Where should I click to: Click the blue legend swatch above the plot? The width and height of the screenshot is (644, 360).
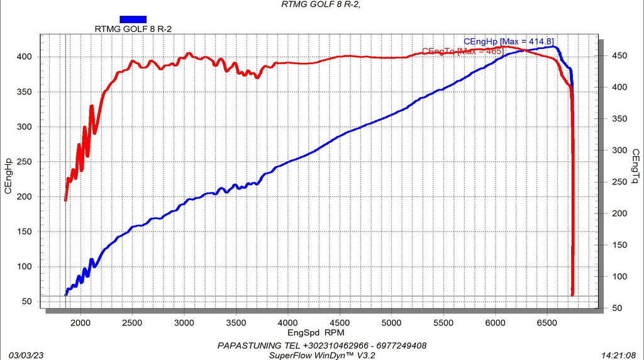click(x=133, y=20)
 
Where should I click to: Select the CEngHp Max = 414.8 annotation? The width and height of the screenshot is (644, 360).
click(x=508, y=41)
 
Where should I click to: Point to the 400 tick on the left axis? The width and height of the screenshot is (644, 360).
click(x=25, y=57)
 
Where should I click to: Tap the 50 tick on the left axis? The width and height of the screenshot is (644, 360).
click(x=27, y=301)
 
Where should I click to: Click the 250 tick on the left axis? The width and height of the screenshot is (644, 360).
click(x=25, y=162)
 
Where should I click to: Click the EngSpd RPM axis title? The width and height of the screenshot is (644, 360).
click(x=317, y=331)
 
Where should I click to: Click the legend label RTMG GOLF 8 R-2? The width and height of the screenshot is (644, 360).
click(x=133, y=29)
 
